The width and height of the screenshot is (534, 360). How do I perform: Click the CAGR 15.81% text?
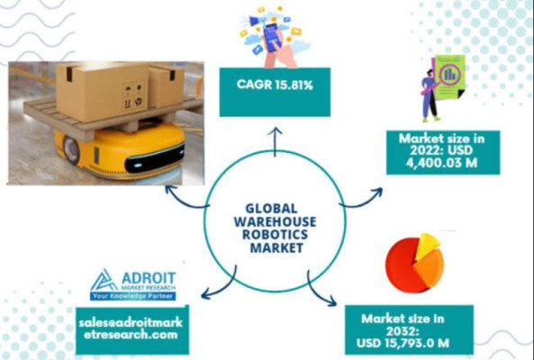point(275,85)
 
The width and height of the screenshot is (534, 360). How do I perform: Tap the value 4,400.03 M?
point(441,163)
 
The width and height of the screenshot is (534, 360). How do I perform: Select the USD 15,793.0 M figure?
point(403,343)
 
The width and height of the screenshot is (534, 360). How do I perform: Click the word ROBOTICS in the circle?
point(275,234)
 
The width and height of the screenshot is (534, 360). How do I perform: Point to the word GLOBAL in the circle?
point(271,208)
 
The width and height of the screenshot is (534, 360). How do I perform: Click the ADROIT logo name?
point(149,278)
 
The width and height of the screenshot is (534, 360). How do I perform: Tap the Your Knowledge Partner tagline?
point(132,296)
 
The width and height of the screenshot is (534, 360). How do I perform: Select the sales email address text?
point(131,328)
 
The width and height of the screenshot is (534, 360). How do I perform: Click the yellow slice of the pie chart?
point(428,246)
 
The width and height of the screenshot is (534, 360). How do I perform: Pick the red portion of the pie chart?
point(402,265)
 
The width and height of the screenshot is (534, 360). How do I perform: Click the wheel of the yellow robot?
point(71,149)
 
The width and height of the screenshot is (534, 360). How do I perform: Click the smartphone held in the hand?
point(273,38)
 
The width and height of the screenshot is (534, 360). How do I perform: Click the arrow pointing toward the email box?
point(225,287)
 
